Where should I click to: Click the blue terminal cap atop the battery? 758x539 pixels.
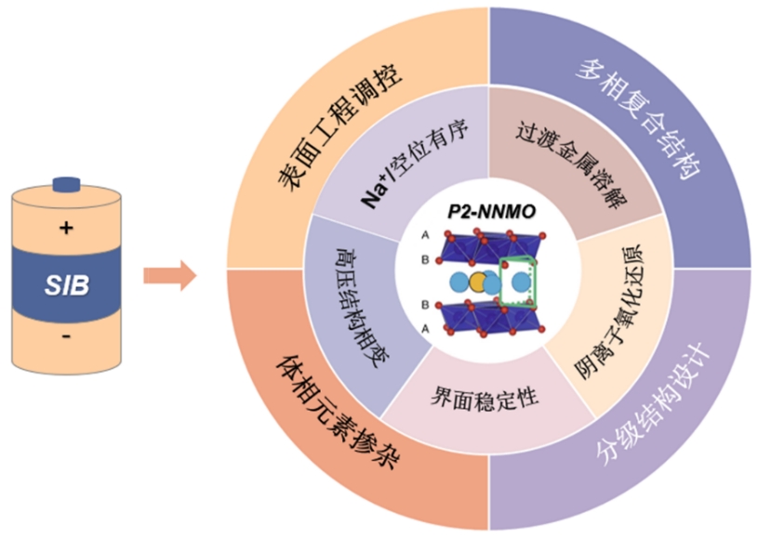67,183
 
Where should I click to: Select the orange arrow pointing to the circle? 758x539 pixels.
168,275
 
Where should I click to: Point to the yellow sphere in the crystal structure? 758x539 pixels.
478,282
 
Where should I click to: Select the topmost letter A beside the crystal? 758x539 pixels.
425,238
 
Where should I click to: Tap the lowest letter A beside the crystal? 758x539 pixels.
425,328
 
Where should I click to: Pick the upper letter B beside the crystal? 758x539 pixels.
425,260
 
